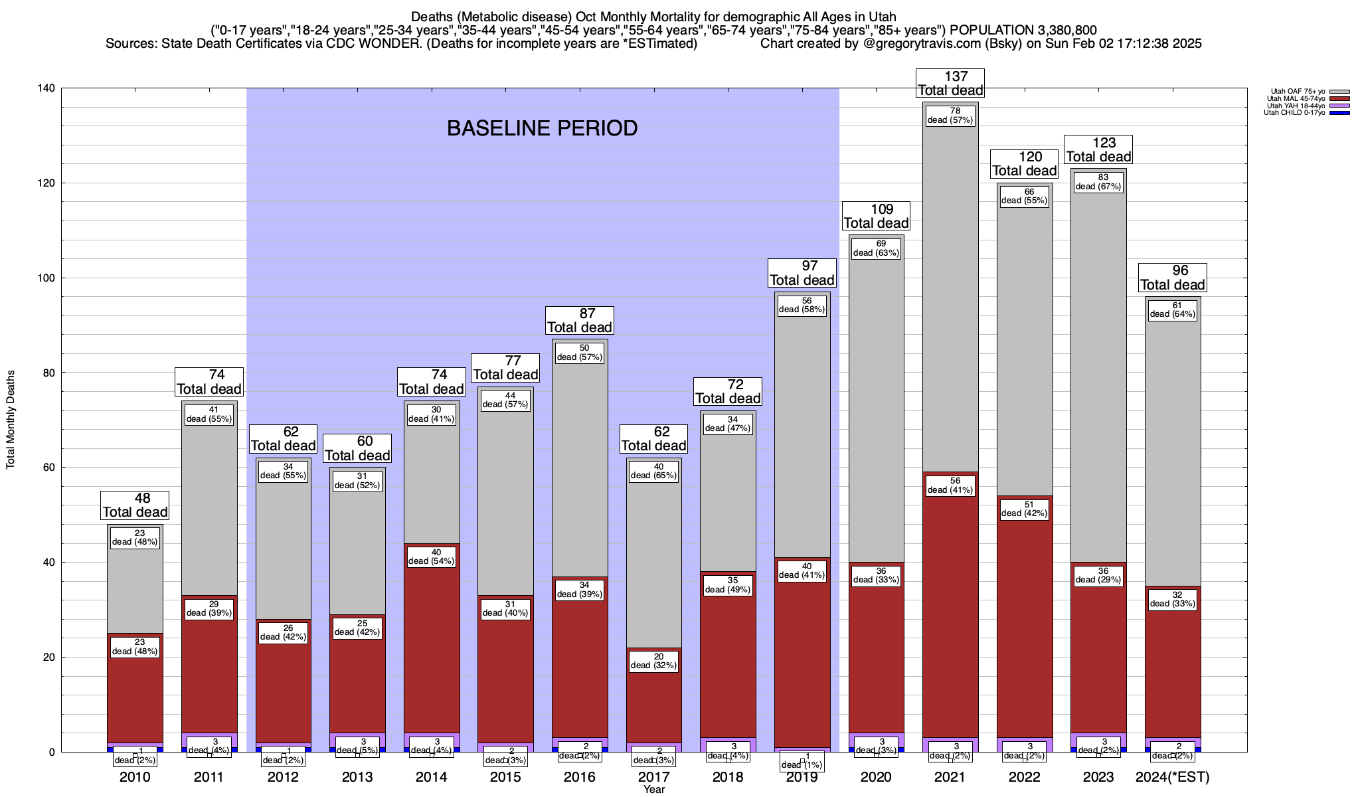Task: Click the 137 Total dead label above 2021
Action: pos(950,84)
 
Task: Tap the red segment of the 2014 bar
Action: pos(432,638)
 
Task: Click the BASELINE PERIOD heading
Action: pos(542,128)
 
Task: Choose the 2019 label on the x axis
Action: pos(802,777)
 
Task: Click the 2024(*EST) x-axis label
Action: pos(1172,777)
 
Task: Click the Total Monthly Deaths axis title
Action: pos(11,420)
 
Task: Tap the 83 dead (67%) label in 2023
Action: pos(1098,182)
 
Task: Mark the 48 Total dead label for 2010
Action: pos(135,505)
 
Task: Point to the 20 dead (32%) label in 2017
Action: pos(653,661)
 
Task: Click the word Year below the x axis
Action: pos(653,790)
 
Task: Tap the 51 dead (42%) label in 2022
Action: pos(1024,509)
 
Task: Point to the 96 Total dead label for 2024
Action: pos(1172,278)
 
